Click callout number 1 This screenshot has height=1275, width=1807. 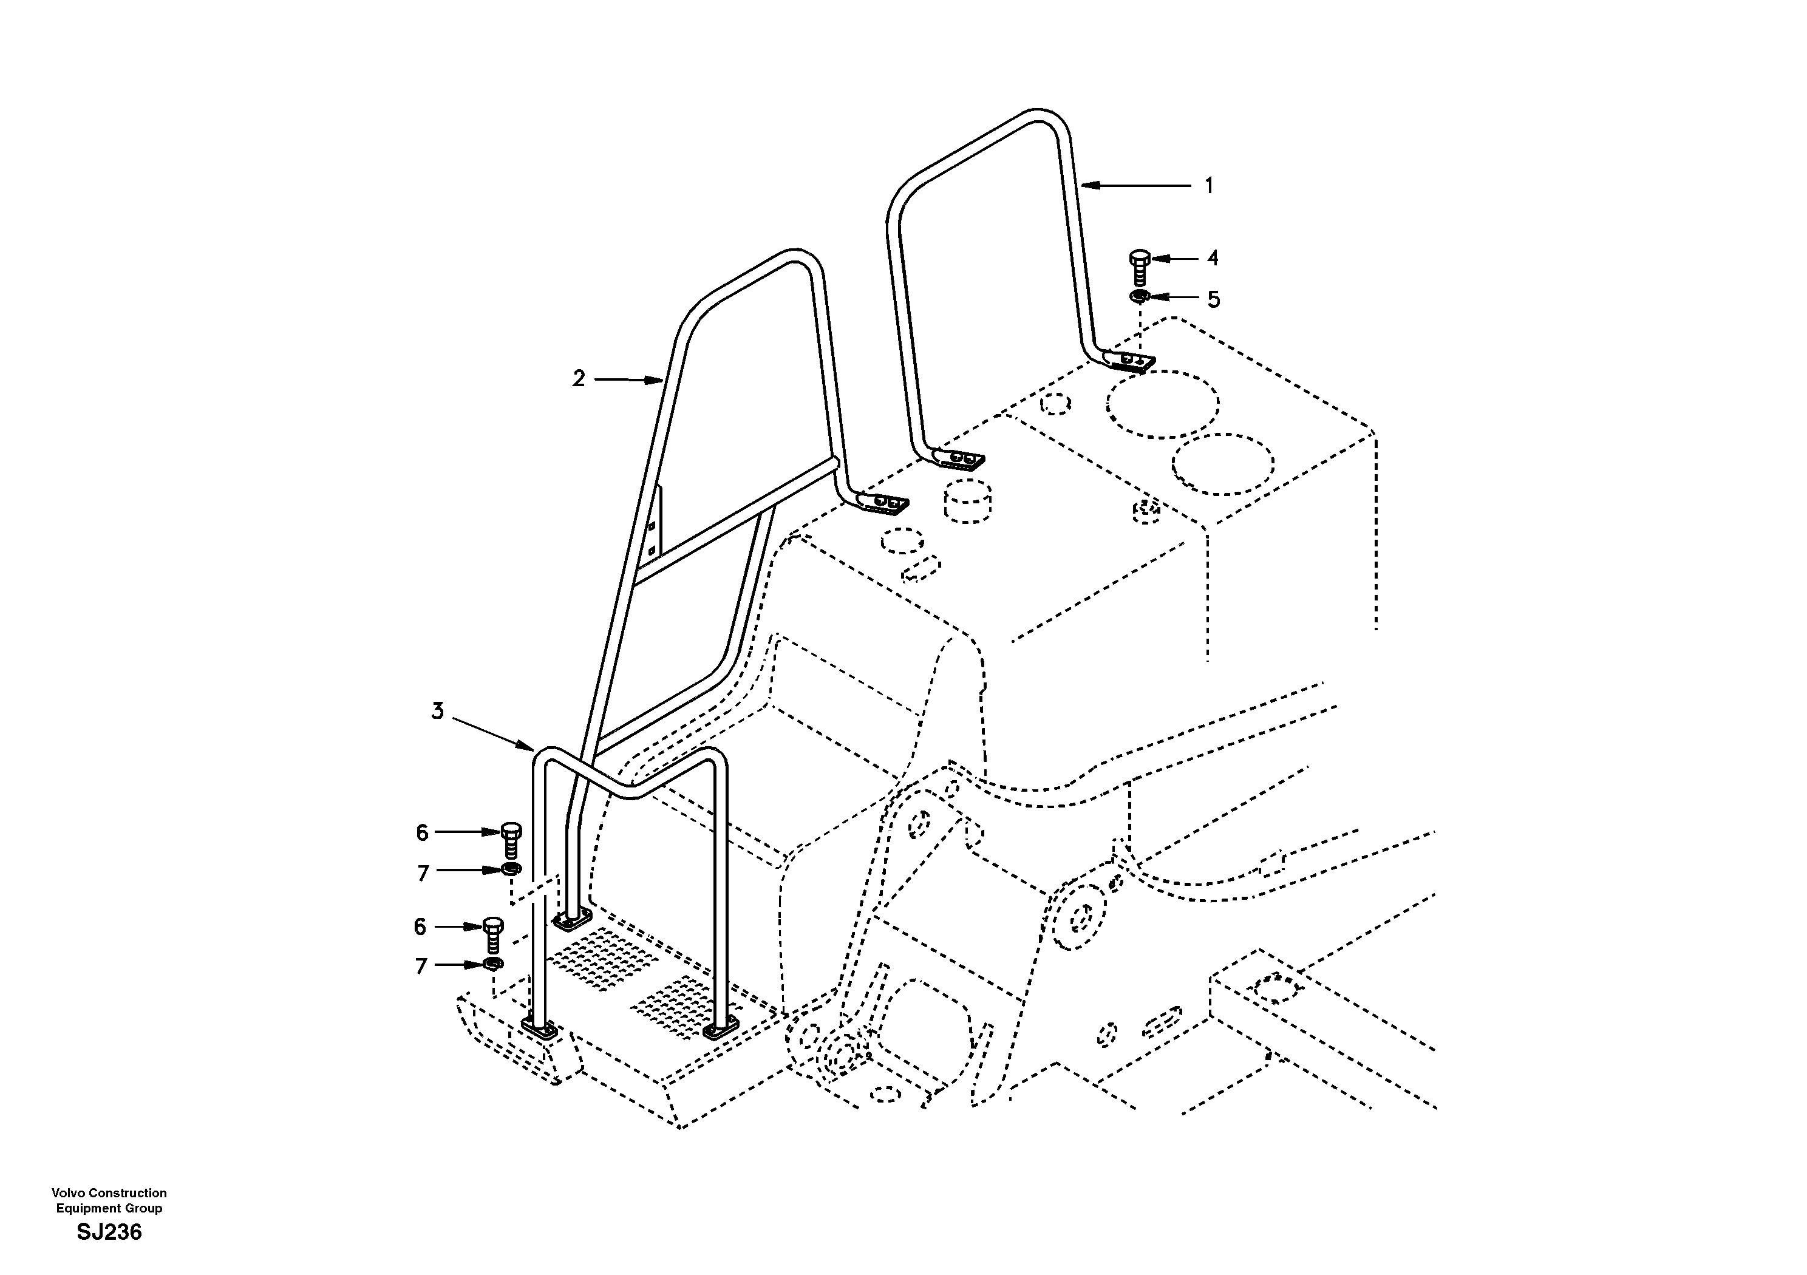(x=1209, y=186)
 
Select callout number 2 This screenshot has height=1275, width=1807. (x=579, y=379)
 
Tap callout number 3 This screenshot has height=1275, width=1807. (x=438, y=711)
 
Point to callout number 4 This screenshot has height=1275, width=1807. (x=1213, y=258)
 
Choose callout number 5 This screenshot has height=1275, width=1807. (x=1214, y=299)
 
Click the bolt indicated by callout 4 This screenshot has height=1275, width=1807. (x=1140, y=268)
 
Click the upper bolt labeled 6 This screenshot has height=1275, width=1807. (x=511, y=840)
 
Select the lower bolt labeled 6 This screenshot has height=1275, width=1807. (x=492, y=934)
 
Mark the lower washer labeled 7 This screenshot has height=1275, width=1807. (x=492, y=964)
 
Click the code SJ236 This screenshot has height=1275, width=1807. (x=109, y=1232)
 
